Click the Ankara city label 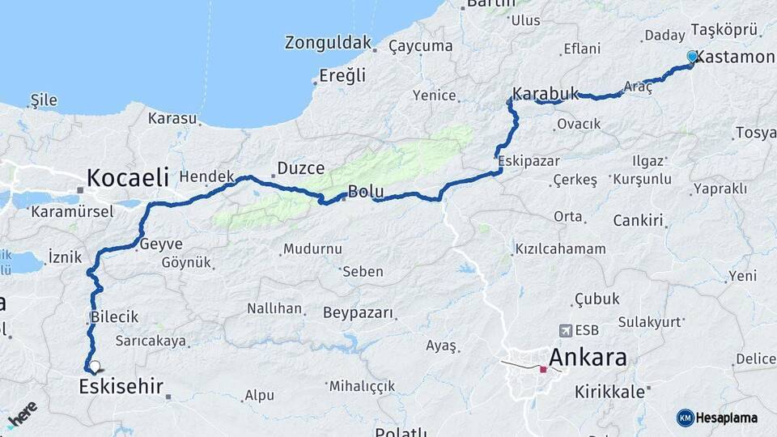(x=588, y=356)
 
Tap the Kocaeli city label (x=128, y=177)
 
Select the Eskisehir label (x=121, y=387)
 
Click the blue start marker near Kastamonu (x=692, y=57)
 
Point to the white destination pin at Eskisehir (x=95, y=367)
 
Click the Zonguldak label (x=328, y=43)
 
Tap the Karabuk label (x=546, y=93)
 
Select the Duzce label (x=300, y=168)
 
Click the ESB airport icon (x=565, y=330)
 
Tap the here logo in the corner (x=22, y=414)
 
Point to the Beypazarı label (x=358, y=312)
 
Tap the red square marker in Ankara (x=543, y=370)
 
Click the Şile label (x=44, y=100)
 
